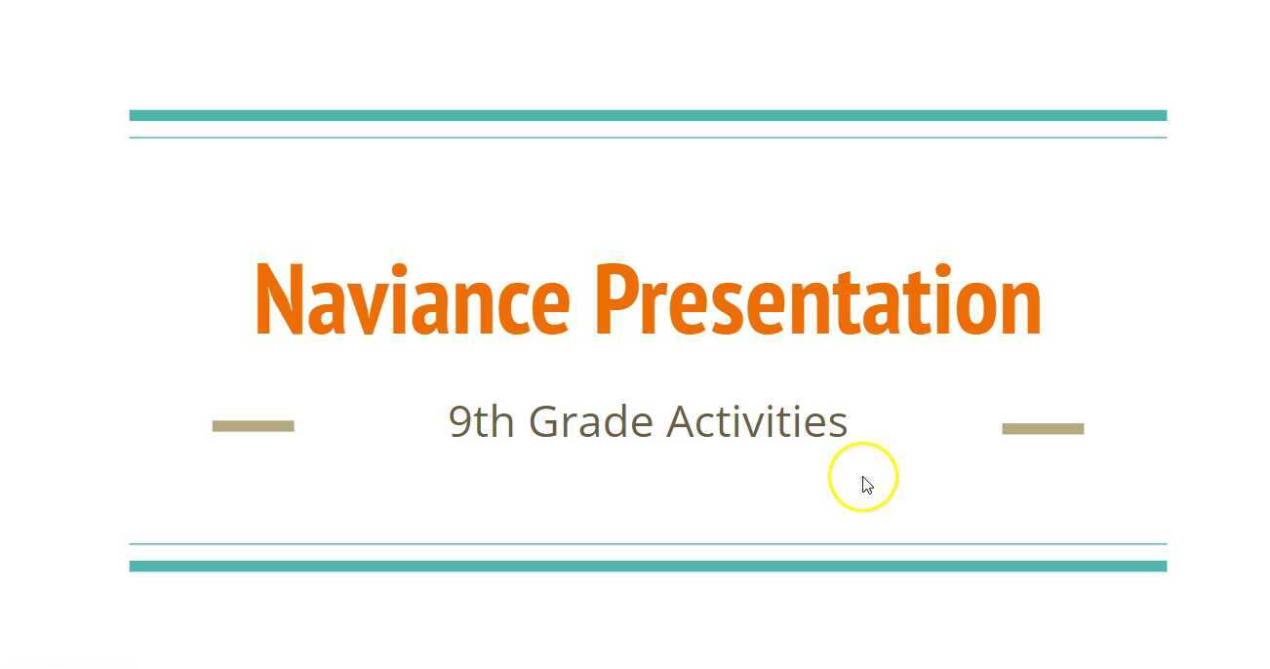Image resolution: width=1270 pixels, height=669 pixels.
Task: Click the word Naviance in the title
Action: [411, 300]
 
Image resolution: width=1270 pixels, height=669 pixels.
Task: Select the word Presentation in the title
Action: [817, 300]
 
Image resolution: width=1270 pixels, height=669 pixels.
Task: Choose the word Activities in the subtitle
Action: [757, 422]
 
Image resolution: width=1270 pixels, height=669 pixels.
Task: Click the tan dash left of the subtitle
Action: [254, 425]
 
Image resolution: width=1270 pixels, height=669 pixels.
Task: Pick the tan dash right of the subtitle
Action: [1043, 428]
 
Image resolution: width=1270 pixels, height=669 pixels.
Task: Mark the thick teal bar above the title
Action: [648, 115]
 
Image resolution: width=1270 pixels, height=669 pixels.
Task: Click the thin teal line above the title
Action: [648, 138]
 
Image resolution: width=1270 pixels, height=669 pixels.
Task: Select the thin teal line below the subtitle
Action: [648, 543]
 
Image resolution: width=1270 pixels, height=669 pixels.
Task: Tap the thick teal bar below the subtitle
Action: [648, 566]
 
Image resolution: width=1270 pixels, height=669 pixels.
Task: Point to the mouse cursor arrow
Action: [866, 484]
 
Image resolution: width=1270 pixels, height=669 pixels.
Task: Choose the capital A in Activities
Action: [682, 422]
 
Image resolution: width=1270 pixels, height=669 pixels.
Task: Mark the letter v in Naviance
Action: [359, 308]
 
